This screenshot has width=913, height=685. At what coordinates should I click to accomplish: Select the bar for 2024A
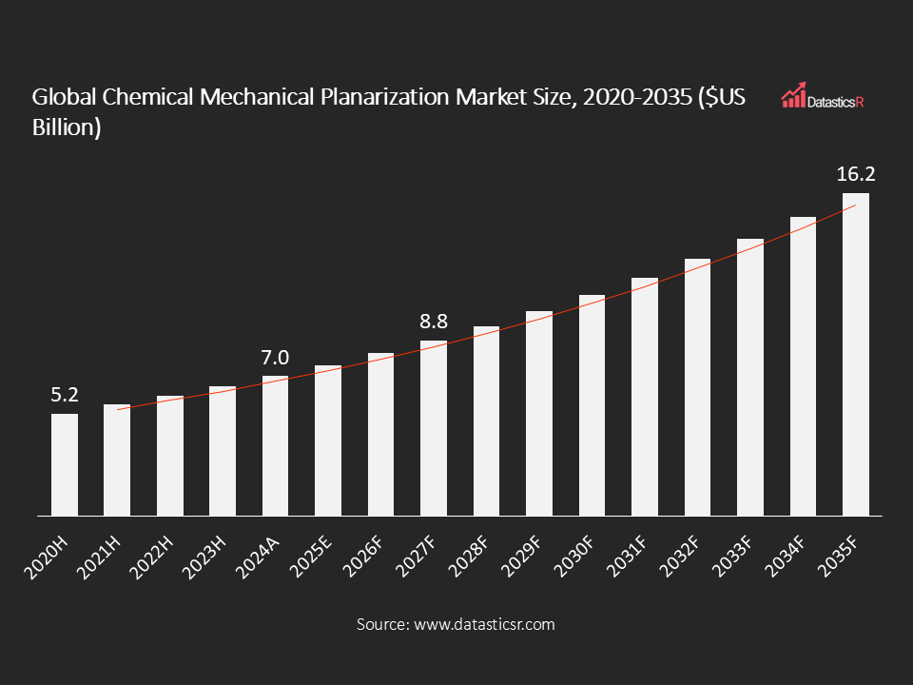(x=276, y=445)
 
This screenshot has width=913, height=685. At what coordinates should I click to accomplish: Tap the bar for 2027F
(x=434, y=428)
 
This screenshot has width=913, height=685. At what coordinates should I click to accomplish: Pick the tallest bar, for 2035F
(x=856, y=354)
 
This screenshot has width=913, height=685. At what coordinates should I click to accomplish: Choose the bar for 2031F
(x=645, y=397)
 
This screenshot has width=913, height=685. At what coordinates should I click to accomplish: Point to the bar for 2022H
(x=170, y=456)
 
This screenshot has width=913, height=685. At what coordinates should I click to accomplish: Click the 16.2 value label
(x=855, y=174)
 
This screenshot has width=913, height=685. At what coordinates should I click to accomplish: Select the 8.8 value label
(x=434, y=323)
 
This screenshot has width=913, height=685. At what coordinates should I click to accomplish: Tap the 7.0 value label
(x=275, y=358)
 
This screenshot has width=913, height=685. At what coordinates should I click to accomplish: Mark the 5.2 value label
(x=65, y=394)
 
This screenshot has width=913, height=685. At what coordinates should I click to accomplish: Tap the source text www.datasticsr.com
(x=482, y=625)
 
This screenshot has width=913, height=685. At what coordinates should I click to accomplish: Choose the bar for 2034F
(x=804, y=366)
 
